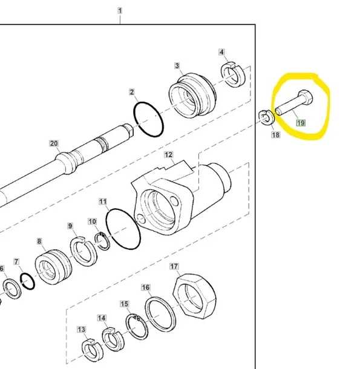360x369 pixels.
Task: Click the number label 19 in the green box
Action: click(301, 123)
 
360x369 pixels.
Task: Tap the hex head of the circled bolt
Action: click(306, 97)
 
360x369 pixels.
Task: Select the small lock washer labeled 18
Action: click(267, 117)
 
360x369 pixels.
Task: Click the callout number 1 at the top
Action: click(120, 11)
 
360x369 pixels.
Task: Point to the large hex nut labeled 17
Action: click(194, 296)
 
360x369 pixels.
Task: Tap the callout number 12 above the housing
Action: click(168, 155)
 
